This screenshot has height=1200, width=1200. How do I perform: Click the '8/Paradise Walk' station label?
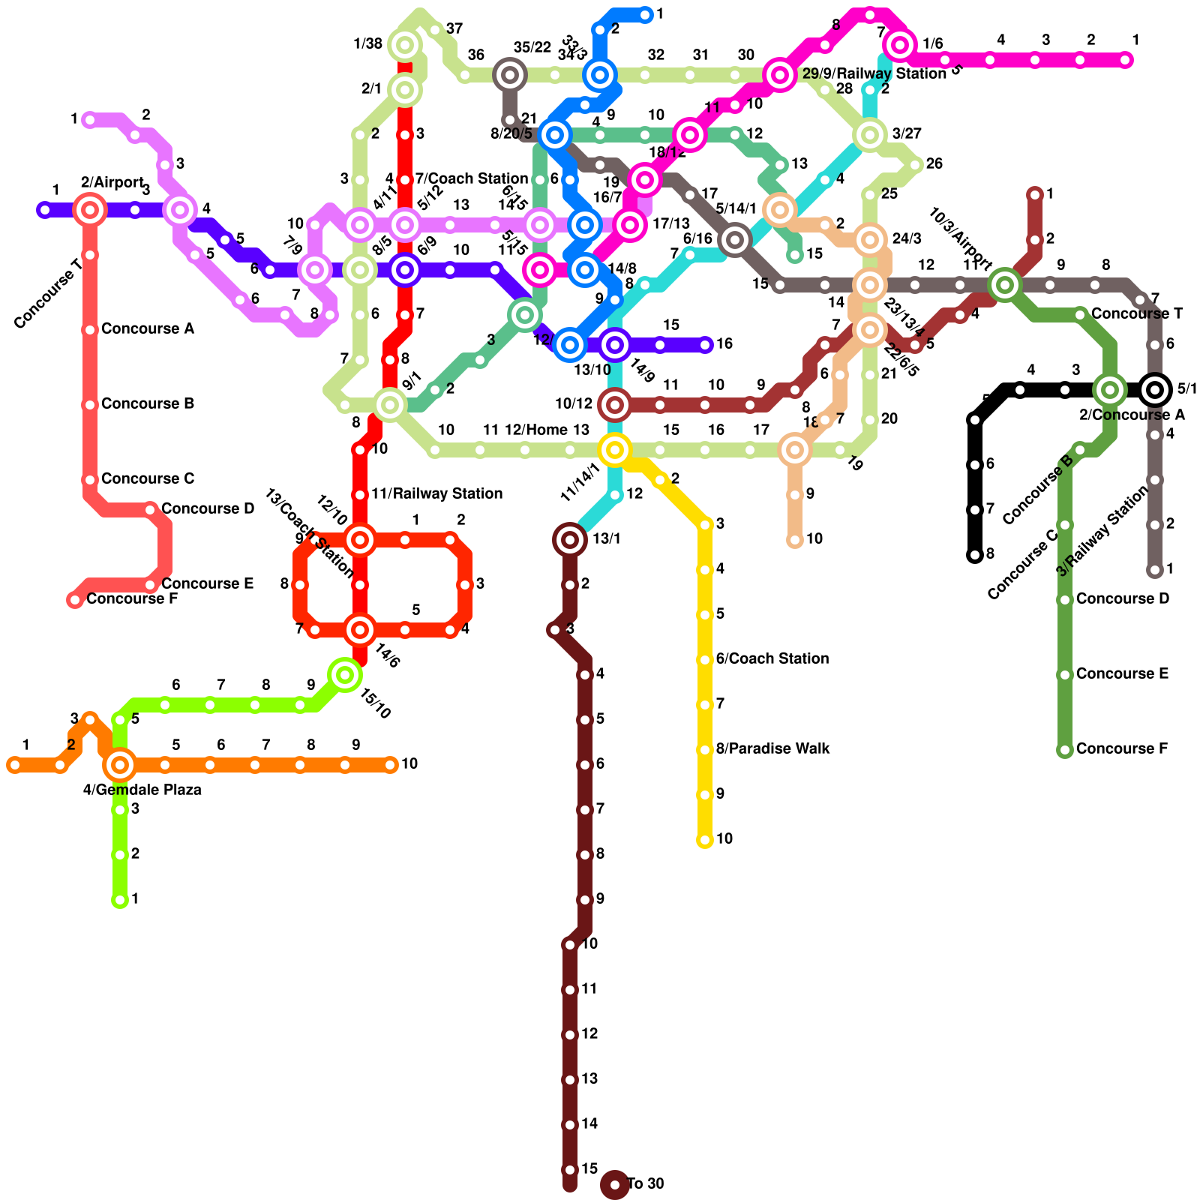click(x=772, y=748)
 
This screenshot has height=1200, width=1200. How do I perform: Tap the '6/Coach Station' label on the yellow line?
click(x=772, y=658)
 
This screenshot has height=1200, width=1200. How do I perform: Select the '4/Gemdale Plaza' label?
click(x=142, y=789)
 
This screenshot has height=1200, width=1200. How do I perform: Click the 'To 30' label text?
click(x=645, y=1183)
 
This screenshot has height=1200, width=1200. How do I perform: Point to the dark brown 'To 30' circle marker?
click(x=615, y=1185)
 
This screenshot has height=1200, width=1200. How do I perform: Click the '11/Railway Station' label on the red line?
click(x=436, y=493)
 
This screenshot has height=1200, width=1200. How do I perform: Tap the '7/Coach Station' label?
click(x=471, y=178)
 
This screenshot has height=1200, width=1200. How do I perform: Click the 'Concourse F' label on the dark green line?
click(x=1121, y=748)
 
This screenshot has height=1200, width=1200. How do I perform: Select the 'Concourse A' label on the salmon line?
click(x=148, y=328)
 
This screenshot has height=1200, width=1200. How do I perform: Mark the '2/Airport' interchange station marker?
click(x=90, y=210)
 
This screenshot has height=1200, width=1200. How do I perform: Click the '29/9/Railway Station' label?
click(x=874, y=73)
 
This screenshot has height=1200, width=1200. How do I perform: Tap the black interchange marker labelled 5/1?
click(x=1155, y=390)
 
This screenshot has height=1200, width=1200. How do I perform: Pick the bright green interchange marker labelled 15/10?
click(x=345, y=675)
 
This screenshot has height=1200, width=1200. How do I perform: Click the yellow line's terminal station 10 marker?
click(x=705, y=840)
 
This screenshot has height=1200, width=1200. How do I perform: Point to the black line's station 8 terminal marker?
click(x=975, y=555)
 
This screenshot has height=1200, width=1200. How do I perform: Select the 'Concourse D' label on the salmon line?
click(x=208, y=508)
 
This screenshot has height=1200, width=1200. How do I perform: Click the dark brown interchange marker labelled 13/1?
click(x=570, y=539)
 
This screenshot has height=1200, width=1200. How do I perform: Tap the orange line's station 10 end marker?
click(x=390, y=765)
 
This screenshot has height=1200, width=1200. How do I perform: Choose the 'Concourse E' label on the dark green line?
click(x=1122, y=673)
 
